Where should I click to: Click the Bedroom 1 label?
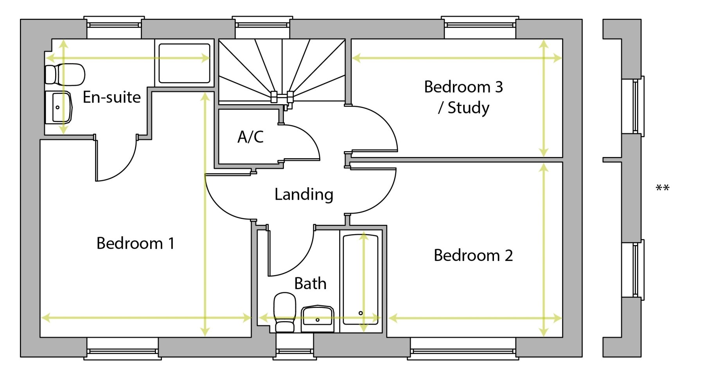click(135, 243)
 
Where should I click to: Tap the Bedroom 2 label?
click(473, 255)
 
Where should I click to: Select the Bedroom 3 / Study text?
click(464, 97)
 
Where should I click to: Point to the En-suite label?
click(112, 97)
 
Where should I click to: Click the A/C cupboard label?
click(251, 137)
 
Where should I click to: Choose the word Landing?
click(304, 194)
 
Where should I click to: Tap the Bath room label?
click(310, 283)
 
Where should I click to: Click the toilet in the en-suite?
click(65, 74)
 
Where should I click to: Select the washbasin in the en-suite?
click(58, 107)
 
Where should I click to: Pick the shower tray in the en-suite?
click(184, 63)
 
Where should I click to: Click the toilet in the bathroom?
click(284, 313)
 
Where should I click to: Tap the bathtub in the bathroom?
click(361, 280)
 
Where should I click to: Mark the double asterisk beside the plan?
click(663, 188)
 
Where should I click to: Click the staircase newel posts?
click(282, 96)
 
